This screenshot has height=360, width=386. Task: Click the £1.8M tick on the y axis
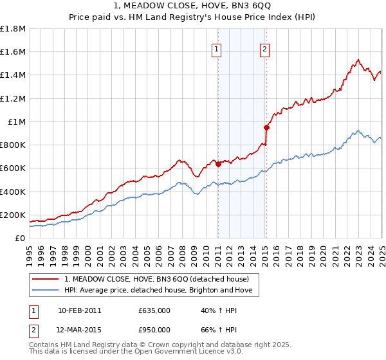pos(13,29)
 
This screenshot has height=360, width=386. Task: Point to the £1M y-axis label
pos(16,122)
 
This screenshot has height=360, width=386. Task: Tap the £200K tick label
pos(13,215)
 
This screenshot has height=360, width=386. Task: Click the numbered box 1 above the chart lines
pos(217,48)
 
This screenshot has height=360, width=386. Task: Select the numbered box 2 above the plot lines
pos(265,48)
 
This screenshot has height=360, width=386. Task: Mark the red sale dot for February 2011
pos(218,164)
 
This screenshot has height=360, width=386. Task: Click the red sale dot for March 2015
pos(266,127)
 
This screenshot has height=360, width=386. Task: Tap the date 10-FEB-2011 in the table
pos(79,310)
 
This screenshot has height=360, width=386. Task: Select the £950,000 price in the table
pos(154,330)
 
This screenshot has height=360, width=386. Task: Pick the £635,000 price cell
pos(154,310)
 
